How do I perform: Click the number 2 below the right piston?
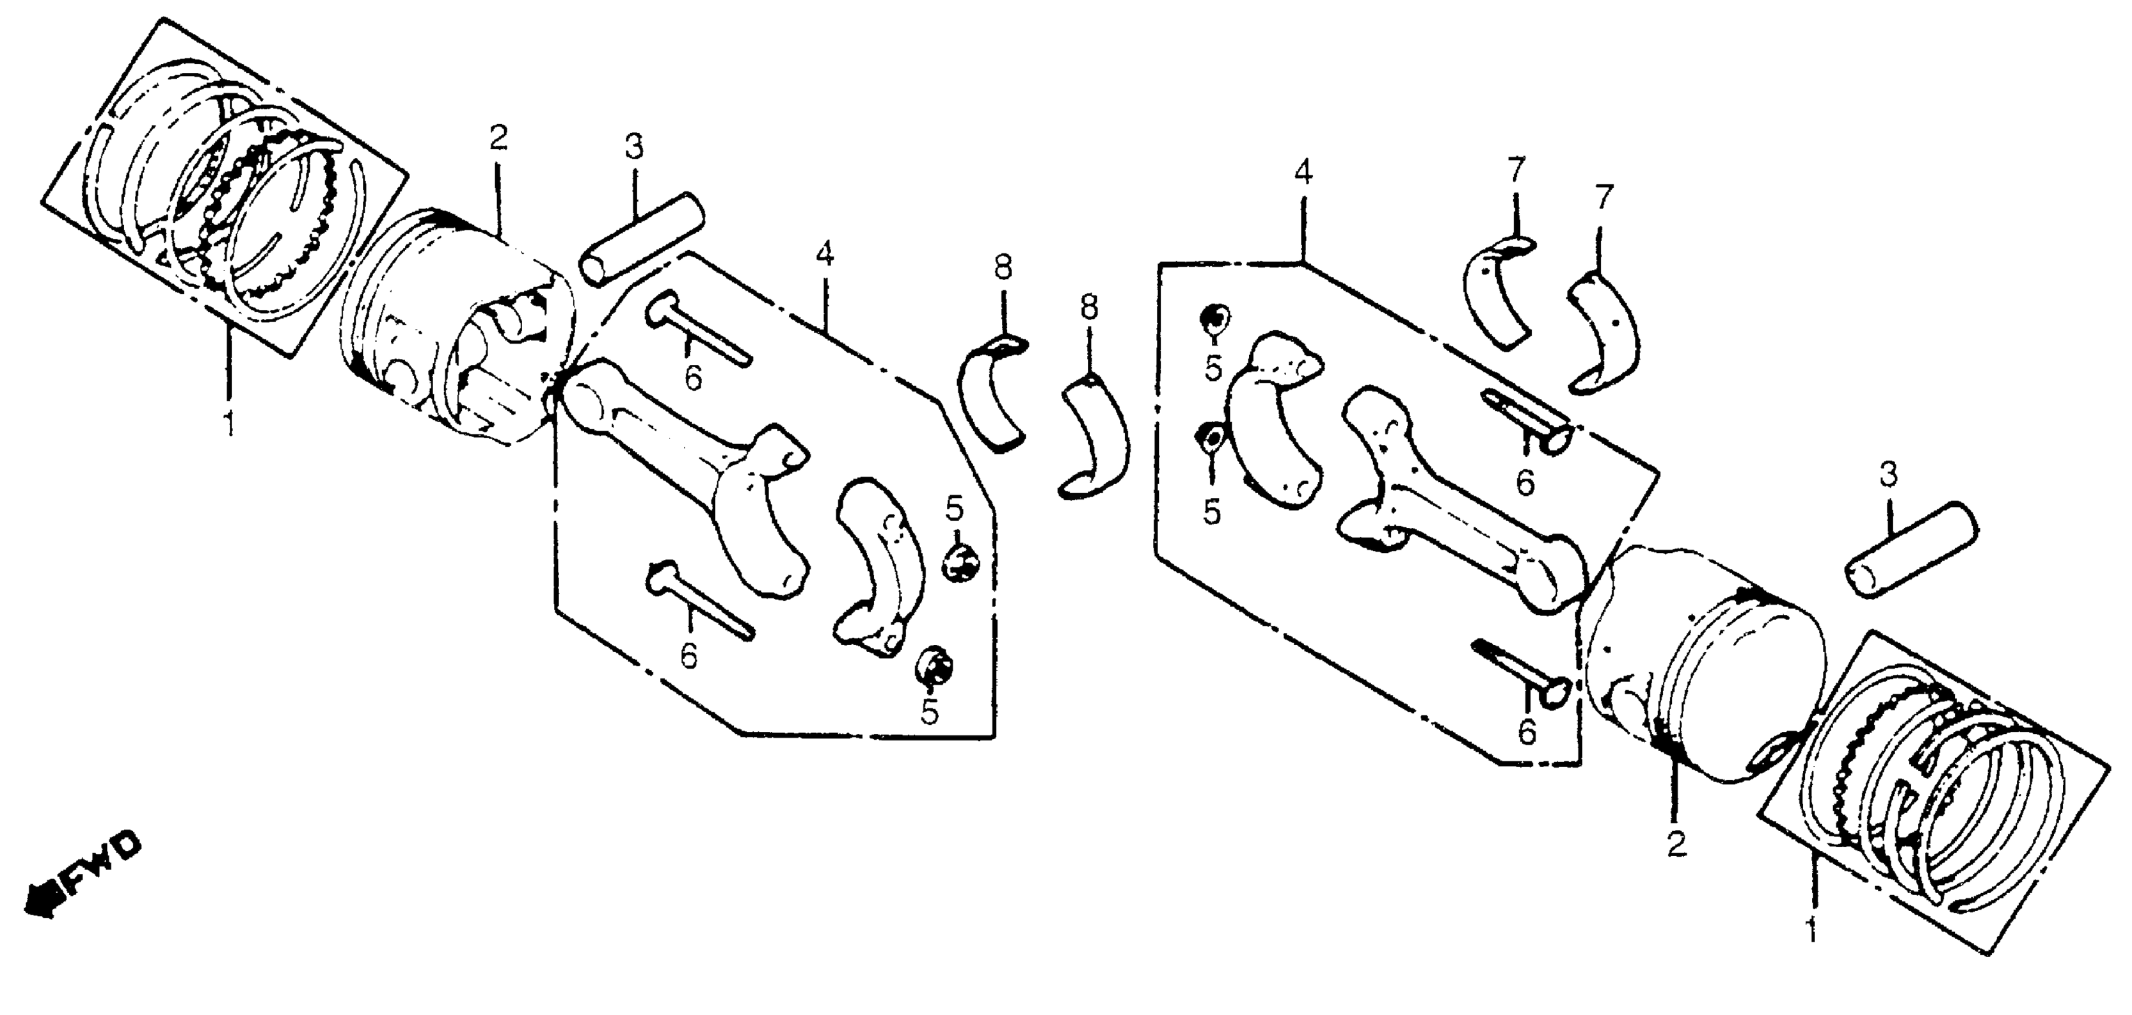coord(1676,846)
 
